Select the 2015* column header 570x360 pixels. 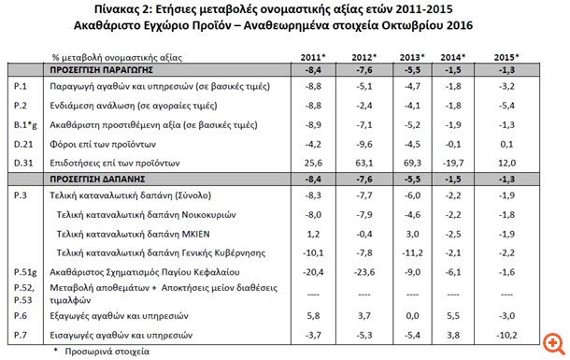point(507,57)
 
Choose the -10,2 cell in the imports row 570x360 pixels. point(507,334)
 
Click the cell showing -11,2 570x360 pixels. point(412,252)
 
